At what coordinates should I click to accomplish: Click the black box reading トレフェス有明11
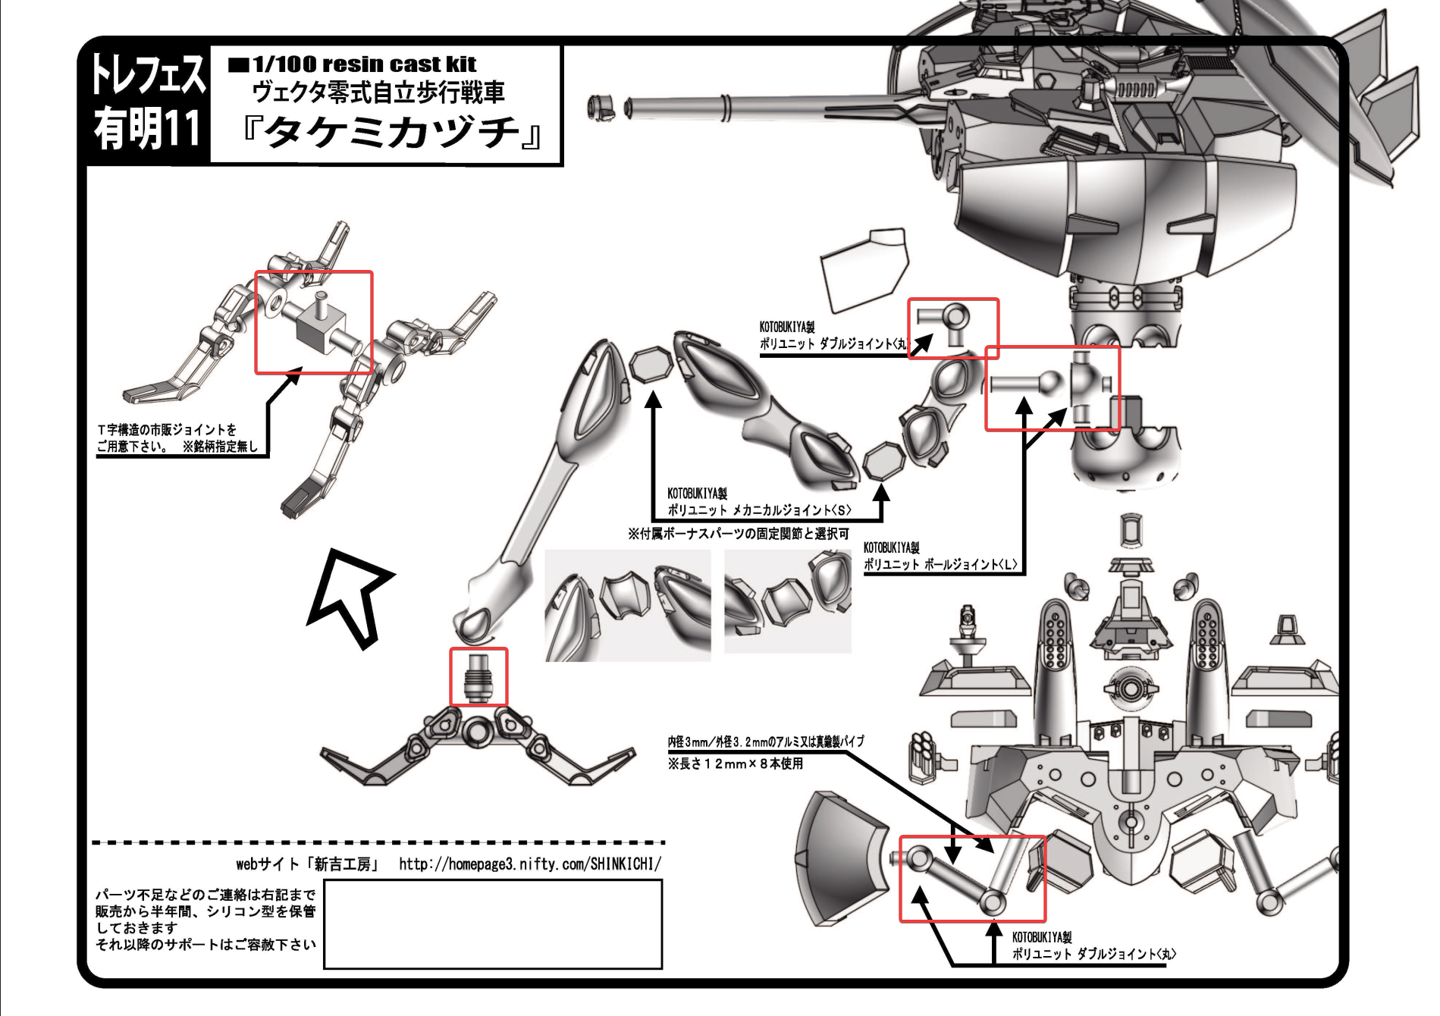[x=147, y=103]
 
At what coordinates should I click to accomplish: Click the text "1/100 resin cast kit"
[x=364, y=64]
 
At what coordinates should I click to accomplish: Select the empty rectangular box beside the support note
[x=493, y=923]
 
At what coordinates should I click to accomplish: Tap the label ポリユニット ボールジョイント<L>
[x=940, y=564]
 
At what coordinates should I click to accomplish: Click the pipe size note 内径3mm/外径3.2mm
[x=765, y=742]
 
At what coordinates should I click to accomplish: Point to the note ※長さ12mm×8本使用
[x=735, y=764]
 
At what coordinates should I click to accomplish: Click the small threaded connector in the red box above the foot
[x=478, y=676]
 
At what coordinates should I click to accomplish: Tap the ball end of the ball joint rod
[x=1049, y=383]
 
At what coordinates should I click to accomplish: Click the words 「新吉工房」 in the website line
[x=346, y=864]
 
